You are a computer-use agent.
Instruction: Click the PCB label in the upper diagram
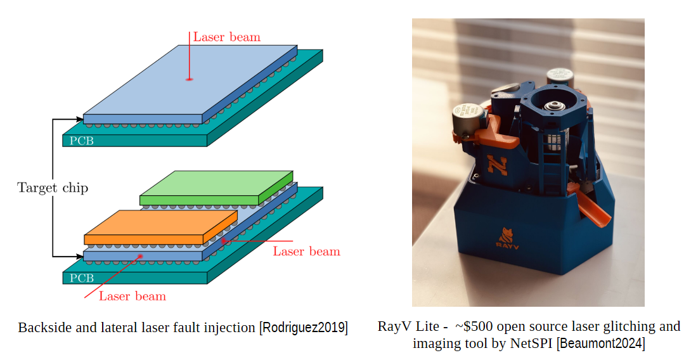click(82, 141)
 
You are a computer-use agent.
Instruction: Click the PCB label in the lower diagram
click(82, 278)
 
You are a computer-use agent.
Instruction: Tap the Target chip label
click(53, 188)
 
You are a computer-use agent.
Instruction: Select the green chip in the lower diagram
click(216, 188)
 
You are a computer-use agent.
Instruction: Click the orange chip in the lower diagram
click(161, 227)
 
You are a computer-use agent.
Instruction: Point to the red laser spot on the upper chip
click(189, 79)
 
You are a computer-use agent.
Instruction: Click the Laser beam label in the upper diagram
click(227, 37)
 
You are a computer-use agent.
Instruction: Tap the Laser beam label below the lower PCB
click(132, 296)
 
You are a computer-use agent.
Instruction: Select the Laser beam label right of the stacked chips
click(306, 251)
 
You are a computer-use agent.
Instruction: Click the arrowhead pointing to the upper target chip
click(80, 119)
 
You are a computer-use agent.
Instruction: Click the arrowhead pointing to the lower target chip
click(80, 256)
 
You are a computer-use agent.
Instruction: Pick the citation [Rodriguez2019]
click(304, 328)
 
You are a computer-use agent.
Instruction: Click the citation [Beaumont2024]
click(600, 344)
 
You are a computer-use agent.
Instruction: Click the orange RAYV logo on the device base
click(507, 239)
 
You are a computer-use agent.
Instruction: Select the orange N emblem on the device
click(496, 165)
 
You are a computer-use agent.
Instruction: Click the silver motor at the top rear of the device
click(560, 78)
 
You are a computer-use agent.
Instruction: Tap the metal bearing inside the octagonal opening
click(552, 106)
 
